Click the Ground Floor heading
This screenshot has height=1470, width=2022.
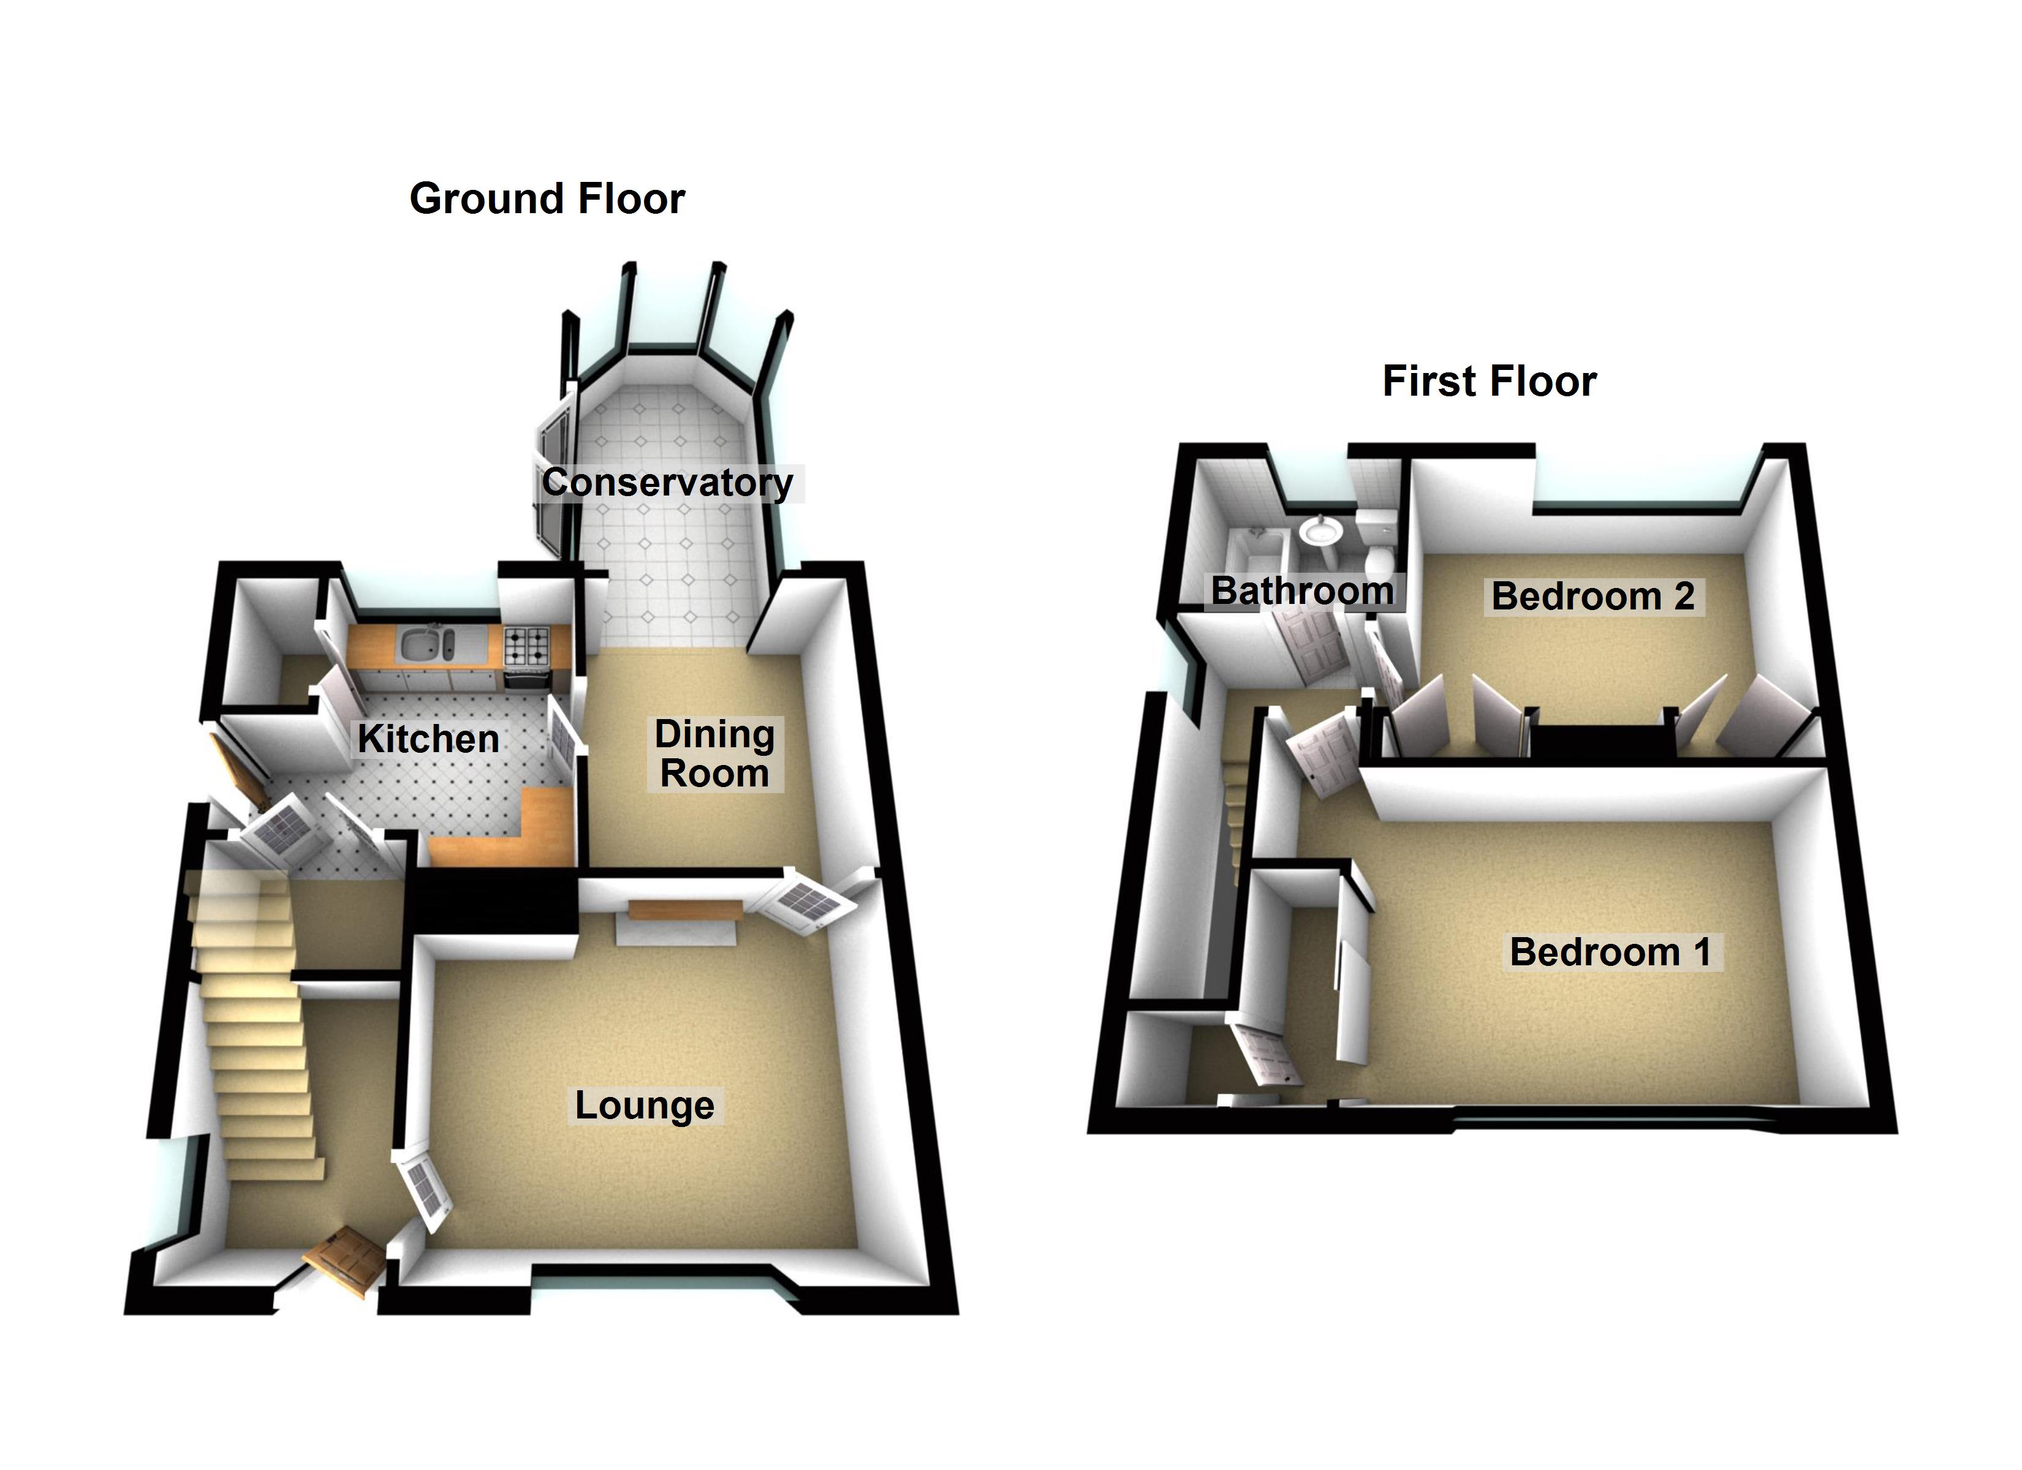(x=547, y=198)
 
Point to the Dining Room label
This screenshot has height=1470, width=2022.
(x=714, y=753)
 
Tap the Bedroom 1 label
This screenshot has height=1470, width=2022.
(x=1610, y=951)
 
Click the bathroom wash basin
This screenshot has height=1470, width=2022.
(x=1319, y=531)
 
